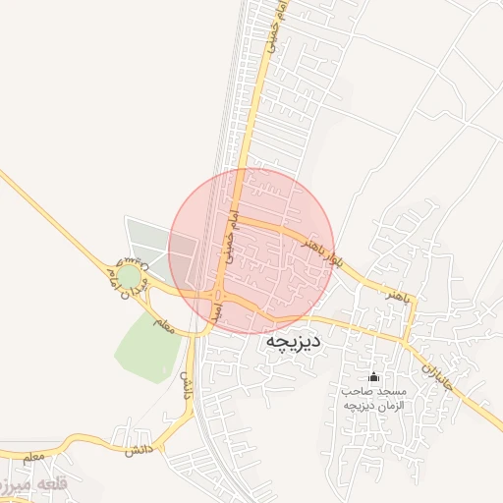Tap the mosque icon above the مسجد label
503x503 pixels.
tap(372, 377)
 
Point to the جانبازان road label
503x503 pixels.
tap(438, 374)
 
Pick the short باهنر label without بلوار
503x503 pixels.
tap(395, 295)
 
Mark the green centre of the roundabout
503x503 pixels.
tap(129, 274)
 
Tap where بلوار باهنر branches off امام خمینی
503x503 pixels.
tap(240, 219)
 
